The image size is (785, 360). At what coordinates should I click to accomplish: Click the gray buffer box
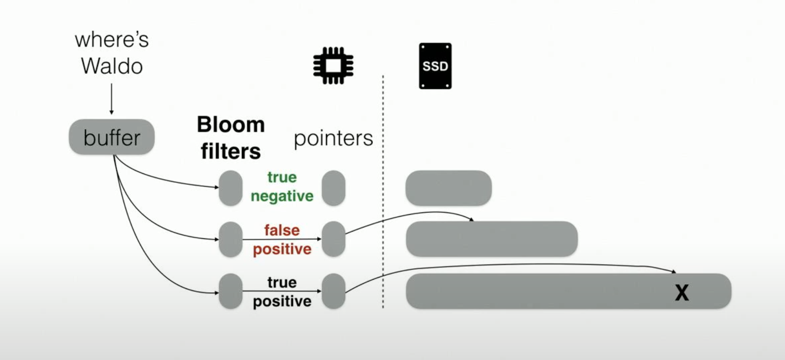[x=111, y=137]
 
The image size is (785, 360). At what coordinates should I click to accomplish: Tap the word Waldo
[x=112, y=66]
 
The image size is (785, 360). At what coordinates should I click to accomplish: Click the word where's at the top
[x=112, y=40]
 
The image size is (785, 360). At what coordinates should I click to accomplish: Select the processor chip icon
[x=333, y=66]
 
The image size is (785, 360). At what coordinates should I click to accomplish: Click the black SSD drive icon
[x=435, y=66]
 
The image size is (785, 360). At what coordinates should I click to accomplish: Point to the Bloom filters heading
[x=231, y=138]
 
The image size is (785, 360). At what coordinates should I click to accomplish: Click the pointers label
[x=333, y=138]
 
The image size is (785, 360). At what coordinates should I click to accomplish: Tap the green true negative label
[x=282, y=187]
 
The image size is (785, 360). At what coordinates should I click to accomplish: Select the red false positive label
[x=282, y=240]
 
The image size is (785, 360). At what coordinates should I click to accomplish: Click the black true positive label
[x=282, y=292]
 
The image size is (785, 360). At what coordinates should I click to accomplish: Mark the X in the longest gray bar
[x=681, y=293]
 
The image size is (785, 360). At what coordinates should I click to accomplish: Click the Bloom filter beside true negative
[x=231, y=188]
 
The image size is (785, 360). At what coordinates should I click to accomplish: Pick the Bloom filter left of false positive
[x=231, y=239]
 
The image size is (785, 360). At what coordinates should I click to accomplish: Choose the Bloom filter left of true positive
[x=231, y=291]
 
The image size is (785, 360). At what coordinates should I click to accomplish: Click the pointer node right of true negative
[x=333, y=188]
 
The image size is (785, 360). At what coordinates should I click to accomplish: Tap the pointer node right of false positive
[x=333, y=239]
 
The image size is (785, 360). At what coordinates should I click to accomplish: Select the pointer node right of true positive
[x=333, y=291]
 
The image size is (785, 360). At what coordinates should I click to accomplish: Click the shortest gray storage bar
[x=448, y=188]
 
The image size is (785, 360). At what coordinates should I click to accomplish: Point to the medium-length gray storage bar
[x=492, y=239]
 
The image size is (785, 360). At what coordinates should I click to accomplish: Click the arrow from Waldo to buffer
[x=111, y=99]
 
